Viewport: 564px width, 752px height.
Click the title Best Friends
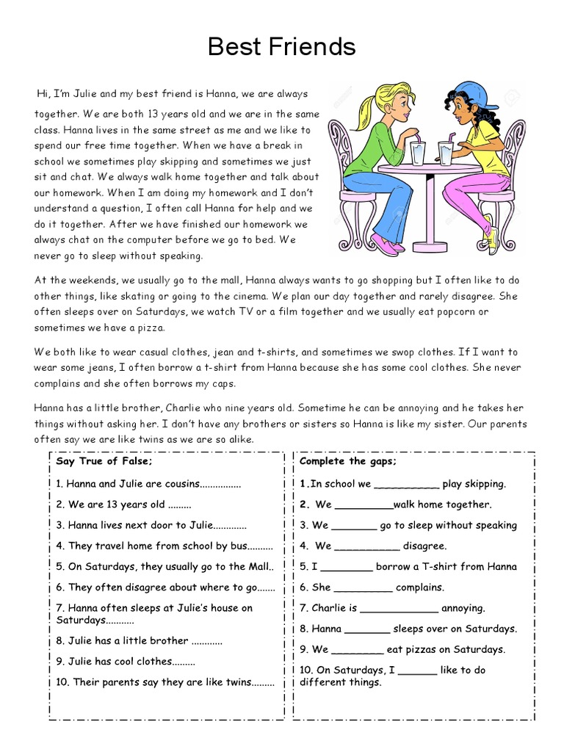281,46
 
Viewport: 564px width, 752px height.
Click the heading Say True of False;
104,461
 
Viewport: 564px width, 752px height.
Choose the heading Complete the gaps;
348,461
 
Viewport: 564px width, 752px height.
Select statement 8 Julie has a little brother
139,640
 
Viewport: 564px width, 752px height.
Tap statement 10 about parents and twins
165,681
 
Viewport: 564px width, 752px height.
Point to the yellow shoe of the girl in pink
491,240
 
